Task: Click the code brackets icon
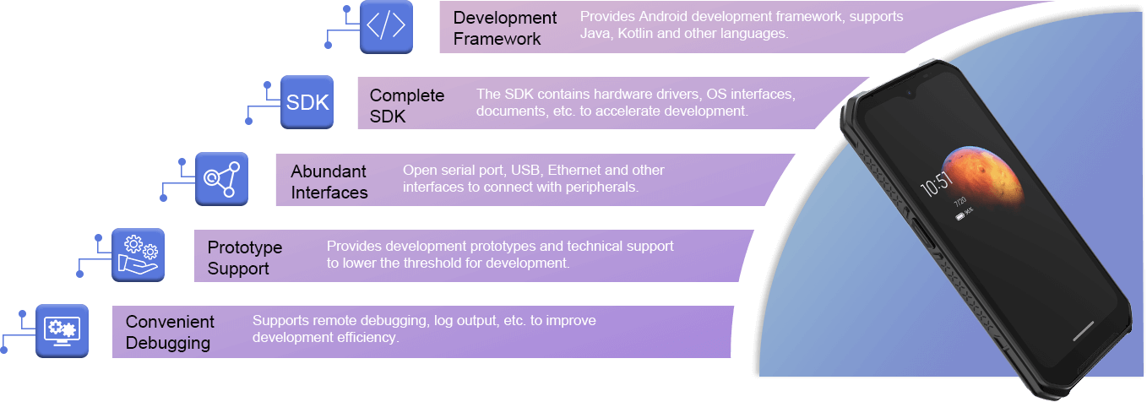tap(386, 27)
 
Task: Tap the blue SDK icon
tap(307, 103)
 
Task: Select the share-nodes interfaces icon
tap(221, 179)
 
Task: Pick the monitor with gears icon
tap(62, 331)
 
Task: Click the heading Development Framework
tap(505, 28)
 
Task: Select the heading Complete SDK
tap(407, 106)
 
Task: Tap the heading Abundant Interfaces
tap(329, 182)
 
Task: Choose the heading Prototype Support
tap(245, 258)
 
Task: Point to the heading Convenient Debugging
tap(170, 332)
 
